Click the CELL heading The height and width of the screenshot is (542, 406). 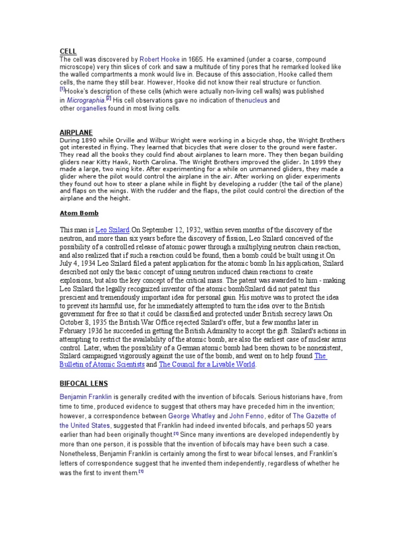click(68, 51)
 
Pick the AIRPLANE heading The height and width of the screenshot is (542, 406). click(76, 132)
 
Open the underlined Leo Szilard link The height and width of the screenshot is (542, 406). click(112, 230)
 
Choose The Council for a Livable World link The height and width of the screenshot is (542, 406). click(207, 365)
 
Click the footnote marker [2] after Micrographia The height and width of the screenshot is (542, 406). click(108, 98)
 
